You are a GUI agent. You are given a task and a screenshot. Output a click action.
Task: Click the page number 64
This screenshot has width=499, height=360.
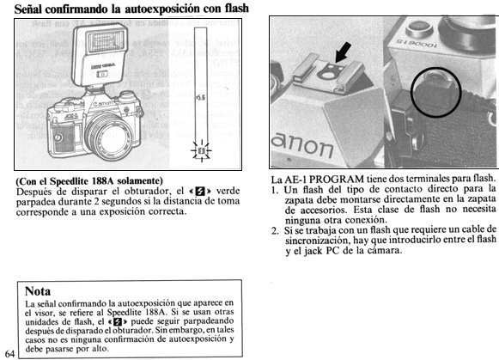pyautogui.click(x=9, y=354)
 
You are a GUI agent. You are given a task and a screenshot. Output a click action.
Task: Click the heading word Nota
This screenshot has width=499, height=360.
pyautogui.click(x=38, y=291)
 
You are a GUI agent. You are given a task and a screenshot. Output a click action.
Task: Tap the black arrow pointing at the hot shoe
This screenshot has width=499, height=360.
pyautogui.click(x=343, y=52)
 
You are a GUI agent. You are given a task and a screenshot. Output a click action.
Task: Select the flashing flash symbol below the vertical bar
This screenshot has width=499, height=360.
pyautogui.click(x=201, y=150)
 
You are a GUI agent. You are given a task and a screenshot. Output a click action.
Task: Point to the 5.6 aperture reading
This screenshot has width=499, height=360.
pyautogui.click(x=200, y=97)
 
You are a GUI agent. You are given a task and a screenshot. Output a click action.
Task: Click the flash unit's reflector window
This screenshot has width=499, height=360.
pyautogui.click(x=106, y=40)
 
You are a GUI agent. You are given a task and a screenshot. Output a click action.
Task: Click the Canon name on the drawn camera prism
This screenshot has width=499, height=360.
pyautogui.click(x=103, y=103)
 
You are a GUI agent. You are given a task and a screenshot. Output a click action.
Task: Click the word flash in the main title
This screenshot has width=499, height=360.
pyautogui.click(x=237, y=9)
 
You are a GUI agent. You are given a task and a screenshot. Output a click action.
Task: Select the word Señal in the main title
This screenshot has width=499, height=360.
pyautogui.click(x=28, y=9)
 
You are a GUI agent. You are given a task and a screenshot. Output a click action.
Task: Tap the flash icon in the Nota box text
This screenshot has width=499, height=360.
pyautogui.click(x=118, y=321)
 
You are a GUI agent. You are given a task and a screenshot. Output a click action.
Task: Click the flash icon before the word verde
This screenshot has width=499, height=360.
pyautogui.click(x=200, y=192)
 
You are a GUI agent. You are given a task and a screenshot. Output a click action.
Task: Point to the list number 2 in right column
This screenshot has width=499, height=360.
pyautogui.click(x=275, y=231)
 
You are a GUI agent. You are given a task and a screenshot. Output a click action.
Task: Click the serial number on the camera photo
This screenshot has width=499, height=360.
pyautogui.click(x=417, y=44)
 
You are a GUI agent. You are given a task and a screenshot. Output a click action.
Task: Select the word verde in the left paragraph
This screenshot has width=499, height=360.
pyautogui.click(x=228, y=191)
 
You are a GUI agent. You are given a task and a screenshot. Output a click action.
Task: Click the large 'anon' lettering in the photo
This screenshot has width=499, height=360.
pyautogui.click(x=301, y=146)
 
